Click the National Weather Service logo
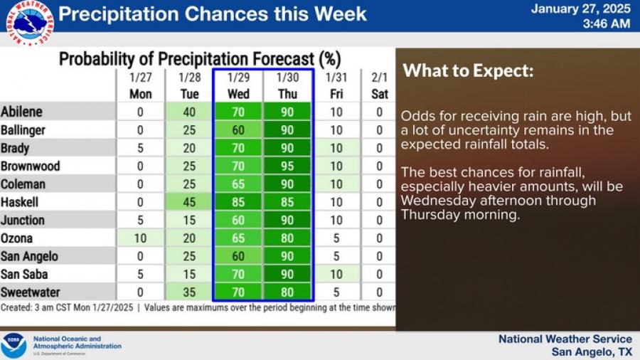pyautogui.click(x=29, y=23)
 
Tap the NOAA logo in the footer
pyautogui.click(x=14, y=345)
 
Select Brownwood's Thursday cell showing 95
pyautogui.click(x=287, y=166)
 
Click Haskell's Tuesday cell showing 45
pyautogui.click(x=189, y=202)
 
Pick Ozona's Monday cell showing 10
pyautogui.click(x=140, y=238)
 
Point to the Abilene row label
pyautogui.click(x=21, y=112)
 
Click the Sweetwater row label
pyautogui.click(x=30, y=292)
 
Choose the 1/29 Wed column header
pyautogui.click(x=238, y=85)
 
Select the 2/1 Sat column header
pyautogui.click(x=379, y=85)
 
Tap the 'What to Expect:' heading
pyautogui.click(x=468, y=70)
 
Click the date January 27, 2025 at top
pyautogui.click(x=581, y=9)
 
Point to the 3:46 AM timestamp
pyautogui.click(x=607, y=23)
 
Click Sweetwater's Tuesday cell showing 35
pyautogui.click(x=189, y=292)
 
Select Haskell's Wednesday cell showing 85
pyautogui.click(x=238, y=202)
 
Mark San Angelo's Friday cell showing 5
pyautogui.click(x=336, y=256)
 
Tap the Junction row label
pyautogui.click(x=23, y=220)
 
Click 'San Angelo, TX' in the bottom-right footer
pyautogui.click(x=592, y=351)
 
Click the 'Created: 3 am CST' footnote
pyautogui.click(x=36, y=307)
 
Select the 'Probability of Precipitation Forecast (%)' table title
pyautogui.click(x=200, y=59)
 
